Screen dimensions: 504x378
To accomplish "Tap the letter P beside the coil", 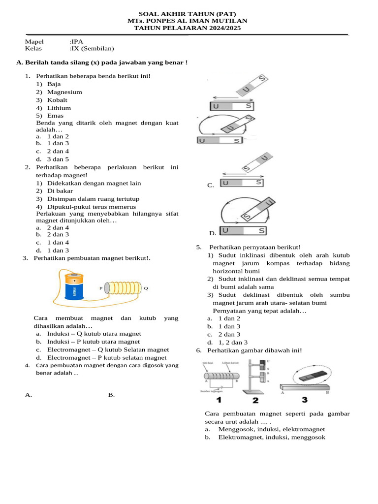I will pos(101,288).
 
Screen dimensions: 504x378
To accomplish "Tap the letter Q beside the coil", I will pos(146,288).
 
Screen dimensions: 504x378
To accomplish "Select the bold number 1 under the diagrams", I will pos(219,400).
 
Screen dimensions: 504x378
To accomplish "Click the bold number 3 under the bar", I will pos(305,400).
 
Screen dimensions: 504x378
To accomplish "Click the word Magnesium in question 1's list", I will pos(64,92).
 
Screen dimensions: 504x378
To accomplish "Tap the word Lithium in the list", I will pos(59,108).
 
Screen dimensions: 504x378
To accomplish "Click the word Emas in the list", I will pos(56,116).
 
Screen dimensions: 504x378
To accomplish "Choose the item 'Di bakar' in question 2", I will pos(60,191).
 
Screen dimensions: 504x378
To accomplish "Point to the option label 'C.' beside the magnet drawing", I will pos(210,186).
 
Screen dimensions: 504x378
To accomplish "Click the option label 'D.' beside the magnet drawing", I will pos(212,233).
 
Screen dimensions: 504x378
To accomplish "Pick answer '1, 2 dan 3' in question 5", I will pos(233,343).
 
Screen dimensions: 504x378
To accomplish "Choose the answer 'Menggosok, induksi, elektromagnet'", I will pos(271,430).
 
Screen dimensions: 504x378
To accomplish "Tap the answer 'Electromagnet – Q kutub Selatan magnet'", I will pos(108,350).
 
